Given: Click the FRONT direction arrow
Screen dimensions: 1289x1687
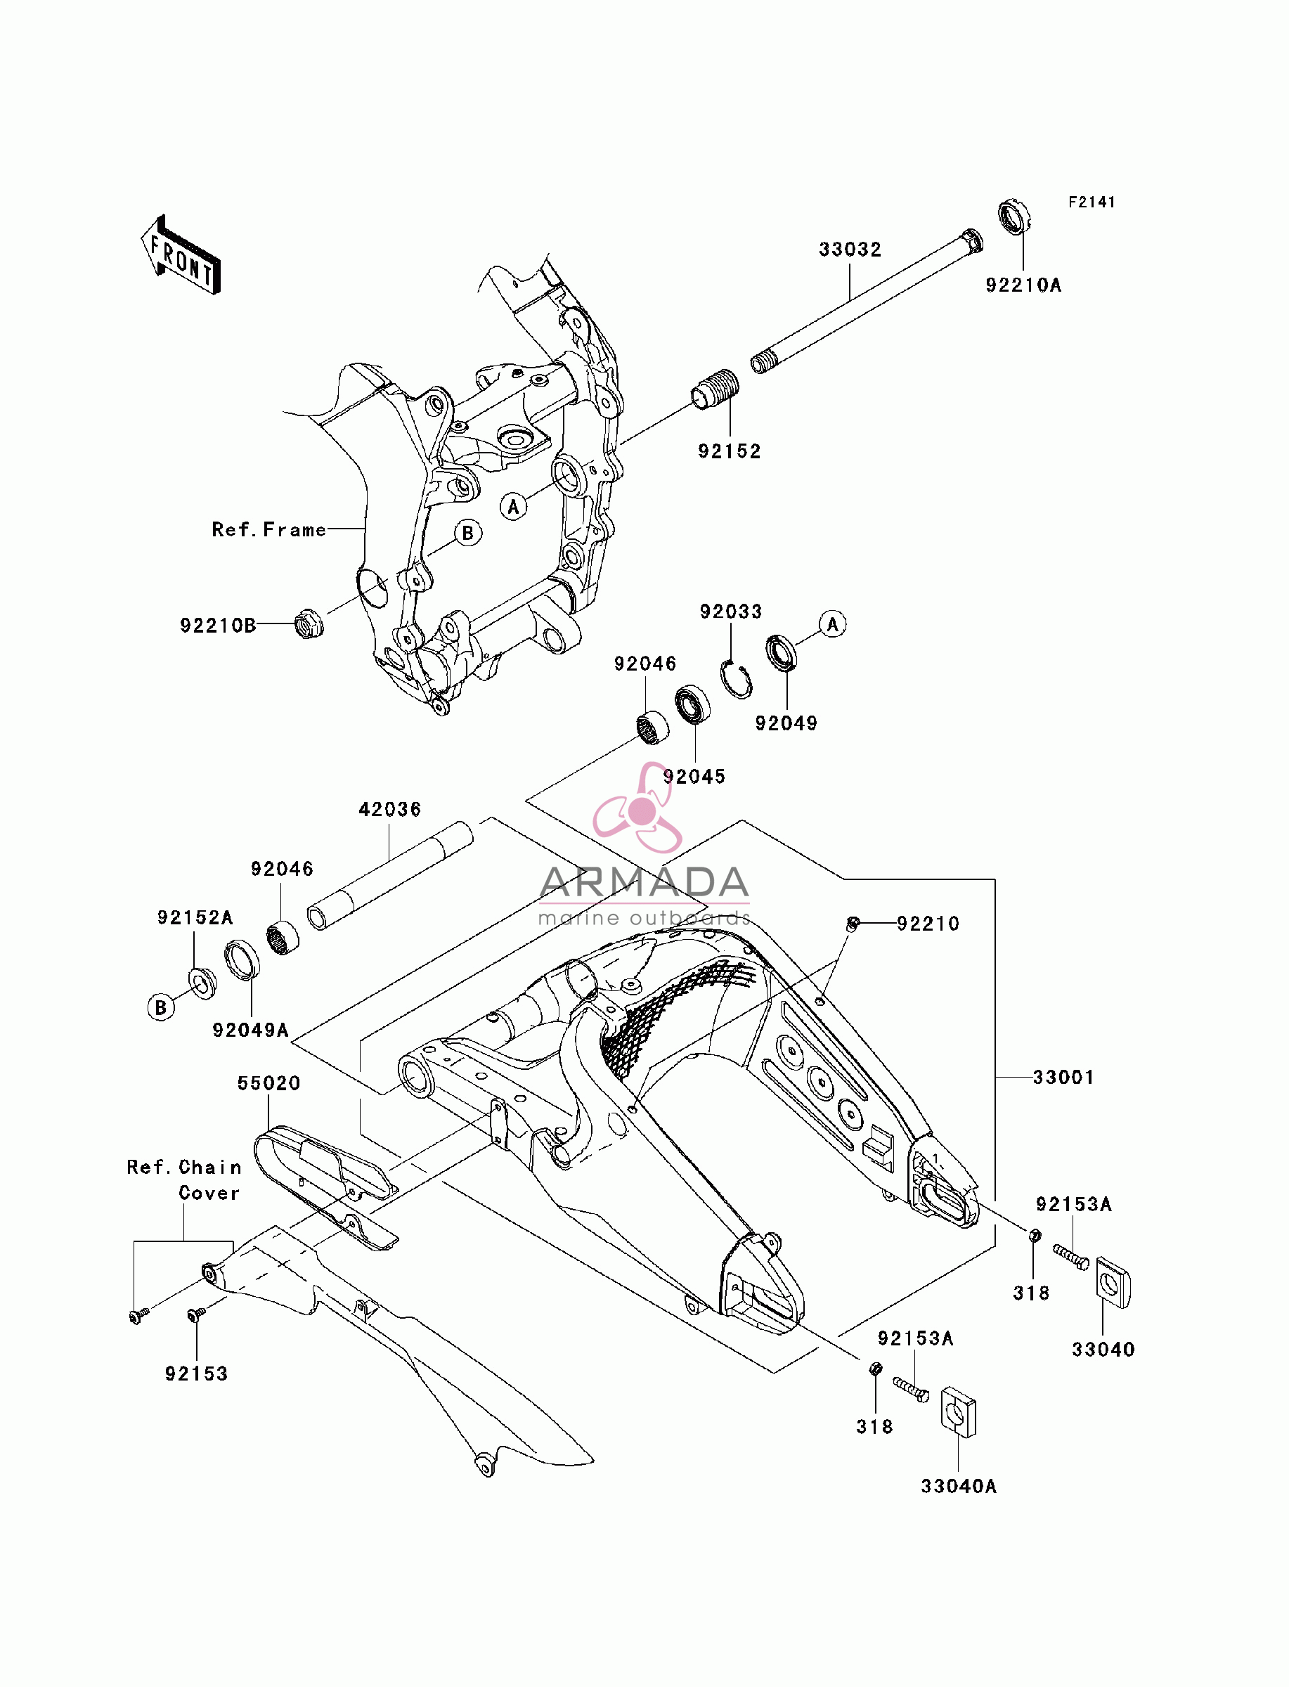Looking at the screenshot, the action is pyautogui.click(x=181, y=255).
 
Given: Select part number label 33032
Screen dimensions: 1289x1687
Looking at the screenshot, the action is pyautogui.click(x=850, y=250).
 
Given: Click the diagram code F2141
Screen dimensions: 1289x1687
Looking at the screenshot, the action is pyautogui.click(x=1092, y=202).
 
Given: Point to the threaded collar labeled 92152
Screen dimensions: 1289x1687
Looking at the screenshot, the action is pyautogui.click(x=715, y=389).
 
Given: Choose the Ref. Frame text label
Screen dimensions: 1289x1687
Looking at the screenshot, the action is pyautogui.click(x=269, y=529).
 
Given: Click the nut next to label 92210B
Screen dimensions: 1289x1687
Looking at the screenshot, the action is pyautogui.click(x=309, y=623).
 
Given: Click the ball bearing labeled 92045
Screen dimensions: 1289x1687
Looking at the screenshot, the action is pyautogui.click(x=692, y=705).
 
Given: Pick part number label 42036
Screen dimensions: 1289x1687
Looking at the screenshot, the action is pyautogui.click(x=390, y=809).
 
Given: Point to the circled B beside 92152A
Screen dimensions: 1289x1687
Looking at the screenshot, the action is pyautogui.click(x=161, y=1007).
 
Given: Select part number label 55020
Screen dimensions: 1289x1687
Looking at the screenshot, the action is pyautogui.click(x=268, y=1083).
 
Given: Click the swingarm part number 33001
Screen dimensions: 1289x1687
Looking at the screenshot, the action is pyautogui.click(x=1063, y=1077).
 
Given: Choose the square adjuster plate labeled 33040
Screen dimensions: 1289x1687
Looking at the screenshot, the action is pyautogui.click(x=1113, y=1282).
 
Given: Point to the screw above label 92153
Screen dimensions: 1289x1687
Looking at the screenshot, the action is pyautogui.click(x=195, y=1316).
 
